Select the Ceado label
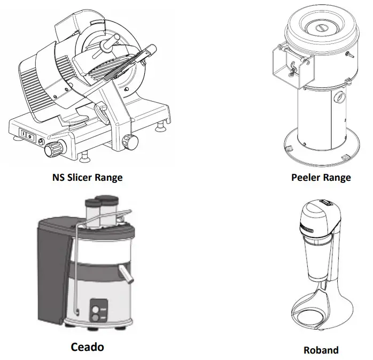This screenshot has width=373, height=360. point(87,347)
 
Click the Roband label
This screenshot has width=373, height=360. point(321,350)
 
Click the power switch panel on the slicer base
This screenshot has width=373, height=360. point(27,135)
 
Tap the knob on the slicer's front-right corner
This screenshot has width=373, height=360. point(128,141)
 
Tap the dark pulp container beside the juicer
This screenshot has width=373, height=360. point(51,273)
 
